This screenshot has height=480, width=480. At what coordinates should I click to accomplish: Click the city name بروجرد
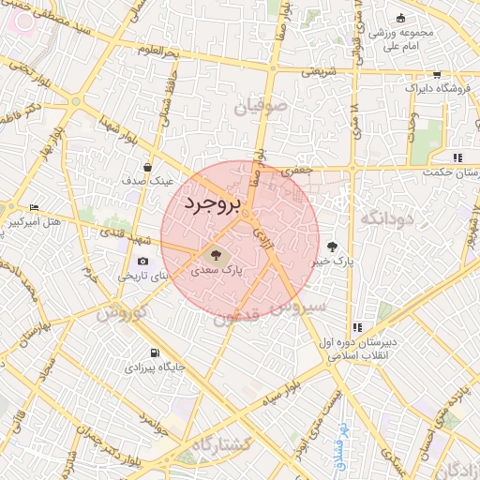(212, 202)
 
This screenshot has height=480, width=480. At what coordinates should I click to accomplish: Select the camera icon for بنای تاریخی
(142, 262)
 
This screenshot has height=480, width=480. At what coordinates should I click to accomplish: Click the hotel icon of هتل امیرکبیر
(35, 207)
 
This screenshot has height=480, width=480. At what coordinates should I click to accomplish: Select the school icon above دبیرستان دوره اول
(357, 327)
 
